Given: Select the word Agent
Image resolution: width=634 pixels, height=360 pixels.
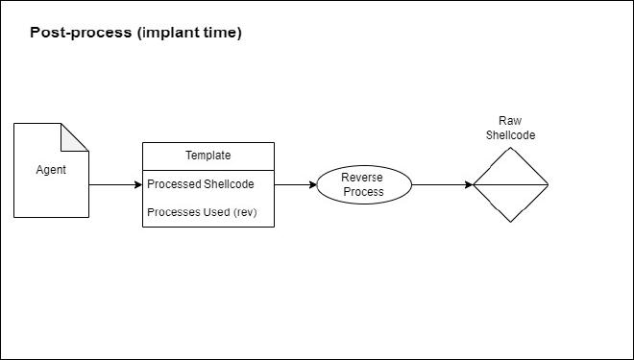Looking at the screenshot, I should pos(51,170).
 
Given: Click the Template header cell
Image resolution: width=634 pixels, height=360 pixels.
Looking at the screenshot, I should pos(208,155).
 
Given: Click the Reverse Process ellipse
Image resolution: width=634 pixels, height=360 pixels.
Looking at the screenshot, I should pos(363,184).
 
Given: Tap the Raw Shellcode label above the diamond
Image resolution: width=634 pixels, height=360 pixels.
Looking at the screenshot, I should pos(510,128).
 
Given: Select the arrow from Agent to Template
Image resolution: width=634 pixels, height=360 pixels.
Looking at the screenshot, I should pos(115,184).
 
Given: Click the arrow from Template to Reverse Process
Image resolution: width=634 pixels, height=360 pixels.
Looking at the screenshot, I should pos(295,184).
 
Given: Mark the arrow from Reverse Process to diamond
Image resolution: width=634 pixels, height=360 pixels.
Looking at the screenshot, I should pos(442,184).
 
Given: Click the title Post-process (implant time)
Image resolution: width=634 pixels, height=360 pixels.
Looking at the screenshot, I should pos(135,33).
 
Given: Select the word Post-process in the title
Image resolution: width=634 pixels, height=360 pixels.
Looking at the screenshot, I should pos(81,33).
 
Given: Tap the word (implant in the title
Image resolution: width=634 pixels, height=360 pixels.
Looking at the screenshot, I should pos(170,33).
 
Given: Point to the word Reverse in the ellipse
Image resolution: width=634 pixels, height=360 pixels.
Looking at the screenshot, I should pos(363,178).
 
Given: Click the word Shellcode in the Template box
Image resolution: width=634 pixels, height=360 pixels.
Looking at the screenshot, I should pos(232,184).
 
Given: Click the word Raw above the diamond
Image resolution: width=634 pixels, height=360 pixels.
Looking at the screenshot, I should pos(510,121).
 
